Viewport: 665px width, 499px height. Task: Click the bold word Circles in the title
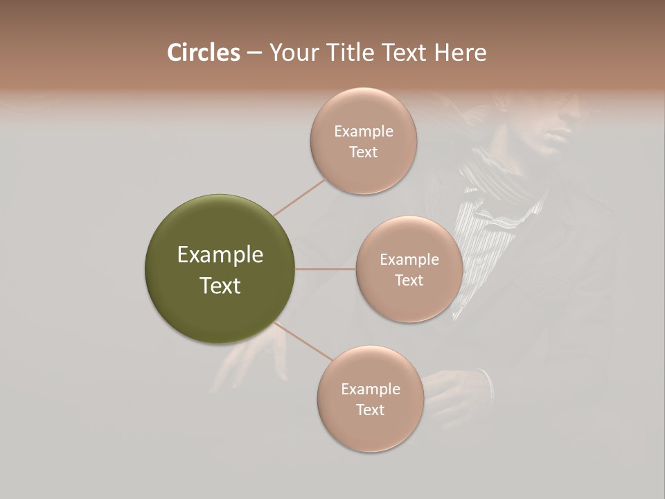203,53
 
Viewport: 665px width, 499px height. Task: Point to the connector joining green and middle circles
326,269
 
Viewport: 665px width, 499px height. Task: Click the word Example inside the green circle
220,255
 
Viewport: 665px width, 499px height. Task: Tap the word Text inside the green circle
220,286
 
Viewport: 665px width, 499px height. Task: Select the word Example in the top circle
364,132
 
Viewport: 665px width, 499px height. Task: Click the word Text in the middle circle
409,281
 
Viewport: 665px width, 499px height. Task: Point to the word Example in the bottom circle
370,389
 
